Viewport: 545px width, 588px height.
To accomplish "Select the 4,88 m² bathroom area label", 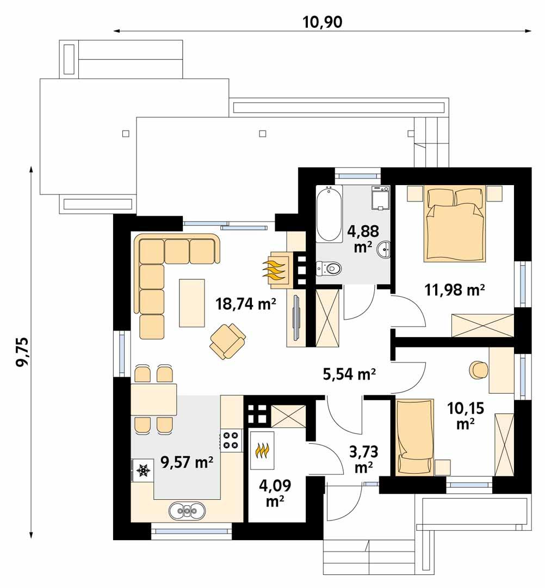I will tap(359, 238).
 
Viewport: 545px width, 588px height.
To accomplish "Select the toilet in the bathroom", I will tap(329, 268).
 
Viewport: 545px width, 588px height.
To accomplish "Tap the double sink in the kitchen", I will tap(187, 511).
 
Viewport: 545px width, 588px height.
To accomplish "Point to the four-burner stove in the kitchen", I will tap(231, 440).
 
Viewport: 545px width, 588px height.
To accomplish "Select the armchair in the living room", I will tap(227, 341).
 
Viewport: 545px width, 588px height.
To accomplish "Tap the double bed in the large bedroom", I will tap(455, 223).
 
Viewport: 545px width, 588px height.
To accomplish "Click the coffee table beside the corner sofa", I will tap(193, 303).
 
